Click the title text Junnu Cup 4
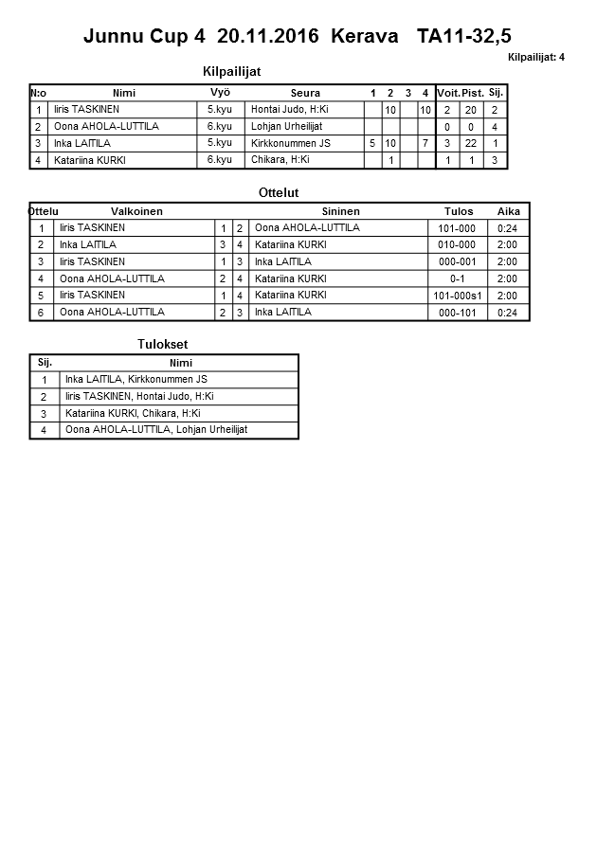point(144,37)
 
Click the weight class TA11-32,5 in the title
point(464,37)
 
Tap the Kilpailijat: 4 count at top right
point(536,58)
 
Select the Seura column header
point(305,93)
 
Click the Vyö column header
point(220,92)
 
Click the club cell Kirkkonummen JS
point(291,144)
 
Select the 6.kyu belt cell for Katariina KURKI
point(220,160)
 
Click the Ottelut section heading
point(279,192)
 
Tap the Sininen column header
point(340,211)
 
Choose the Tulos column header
point(459,211)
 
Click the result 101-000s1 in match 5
point(459,296)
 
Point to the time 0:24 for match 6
point(507,313)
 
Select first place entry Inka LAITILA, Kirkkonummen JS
point(136,380)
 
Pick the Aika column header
point(508,211)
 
